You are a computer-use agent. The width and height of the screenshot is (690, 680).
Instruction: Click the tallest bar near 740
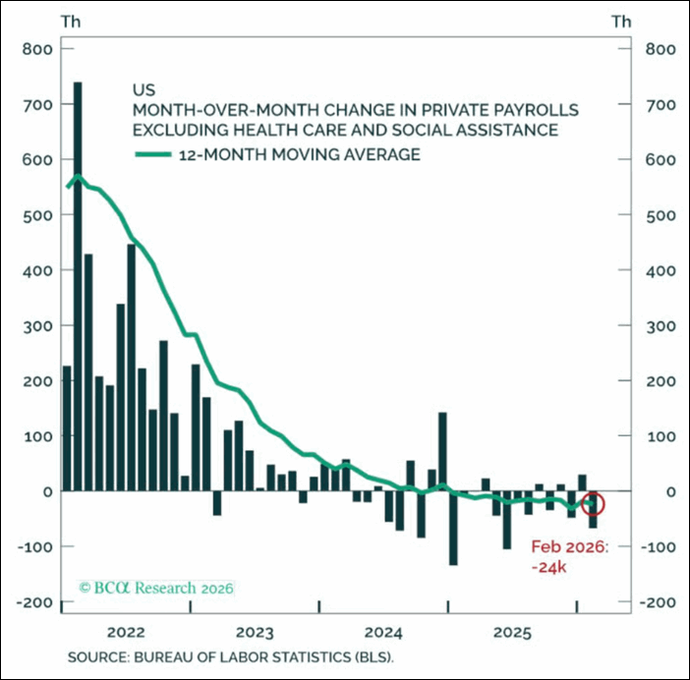78,285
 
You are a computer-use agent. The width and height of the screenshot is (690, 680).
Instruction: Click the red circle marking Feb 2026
594,504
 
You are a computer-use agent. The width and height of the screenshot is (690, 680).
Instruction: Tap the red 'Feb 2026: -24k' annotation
570,558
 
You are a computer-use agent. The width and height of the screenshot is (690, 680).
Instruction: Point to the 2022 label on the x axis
130,632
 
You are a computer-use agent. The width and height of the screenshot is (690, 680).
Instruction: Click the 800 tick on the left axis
35,48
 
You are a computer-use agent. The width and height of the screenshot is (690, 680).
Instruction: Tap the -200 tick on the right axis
655,601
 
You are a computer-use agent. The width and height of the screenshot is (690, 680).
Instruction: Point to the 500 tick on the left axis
35,214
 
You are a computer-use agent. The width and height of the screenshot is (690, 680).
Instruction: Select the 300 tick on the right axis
655,325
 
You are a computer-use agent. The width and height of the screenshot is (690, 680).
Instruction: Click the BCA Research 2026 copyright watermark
156,589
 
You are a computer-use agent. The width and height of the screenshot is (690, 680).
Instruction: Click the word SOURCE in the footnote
95,655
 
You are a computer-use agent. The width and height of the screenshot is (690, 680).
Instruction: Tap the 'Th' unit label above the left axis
71,20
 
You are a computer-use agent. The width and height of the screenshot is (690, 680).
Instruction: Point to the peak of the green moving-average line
78,177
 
